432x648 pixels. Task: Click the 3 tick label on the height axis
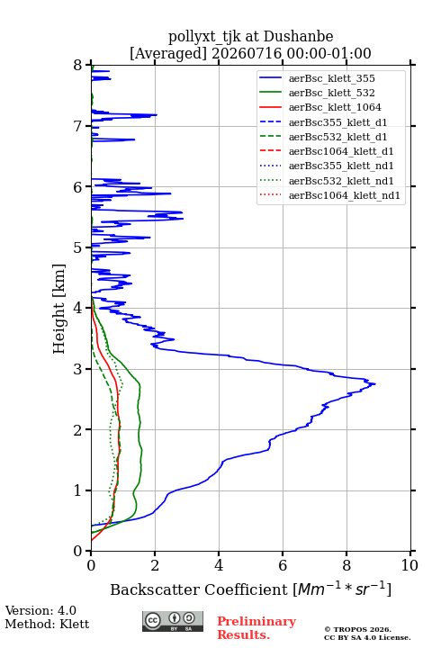(78, 369)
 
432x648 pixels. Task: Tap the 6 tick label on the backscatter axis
(283, 565)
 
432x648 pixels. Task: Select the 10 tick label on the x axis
(409, 565)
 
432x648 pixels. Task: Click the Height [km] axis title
(58, 309)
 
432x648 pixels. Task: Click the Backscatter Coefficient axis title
(250, 589)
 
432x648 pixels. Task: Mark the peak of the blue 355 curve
(375, 384)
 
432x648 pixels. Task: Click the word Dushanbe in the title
(298, 37)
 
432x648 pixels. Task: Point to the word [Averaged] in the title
(167, 53)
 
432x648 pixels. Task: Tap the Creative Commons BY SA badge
(173, 622)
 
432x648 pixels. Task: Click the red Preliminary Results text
(256, 628)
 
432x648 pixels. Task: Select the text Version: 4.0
(40, 610)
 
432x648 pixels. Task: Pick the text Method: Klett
(47, 624)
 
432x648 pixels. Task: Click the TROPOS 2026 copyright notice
(367, 634)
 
